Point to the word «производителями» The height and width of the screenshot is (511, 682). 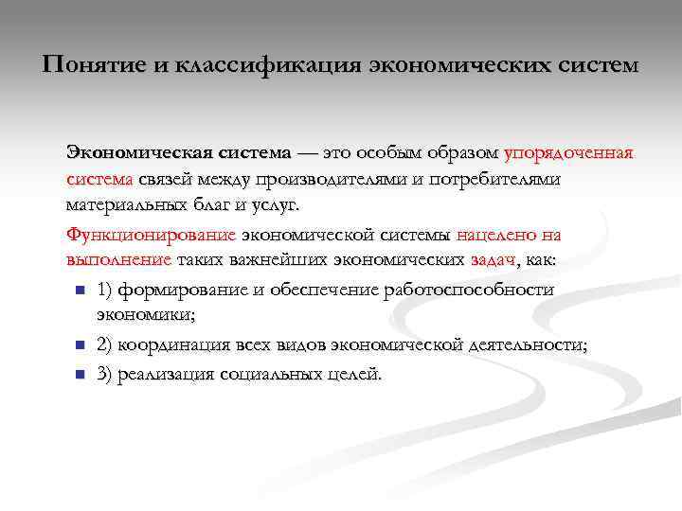(327, 179)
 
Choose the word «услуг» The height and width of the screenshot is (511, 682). (274, 204)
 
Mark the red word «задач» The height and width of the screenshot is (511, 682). (494, 259)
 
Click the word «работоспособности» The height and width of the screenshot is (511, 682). (471, 289)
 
